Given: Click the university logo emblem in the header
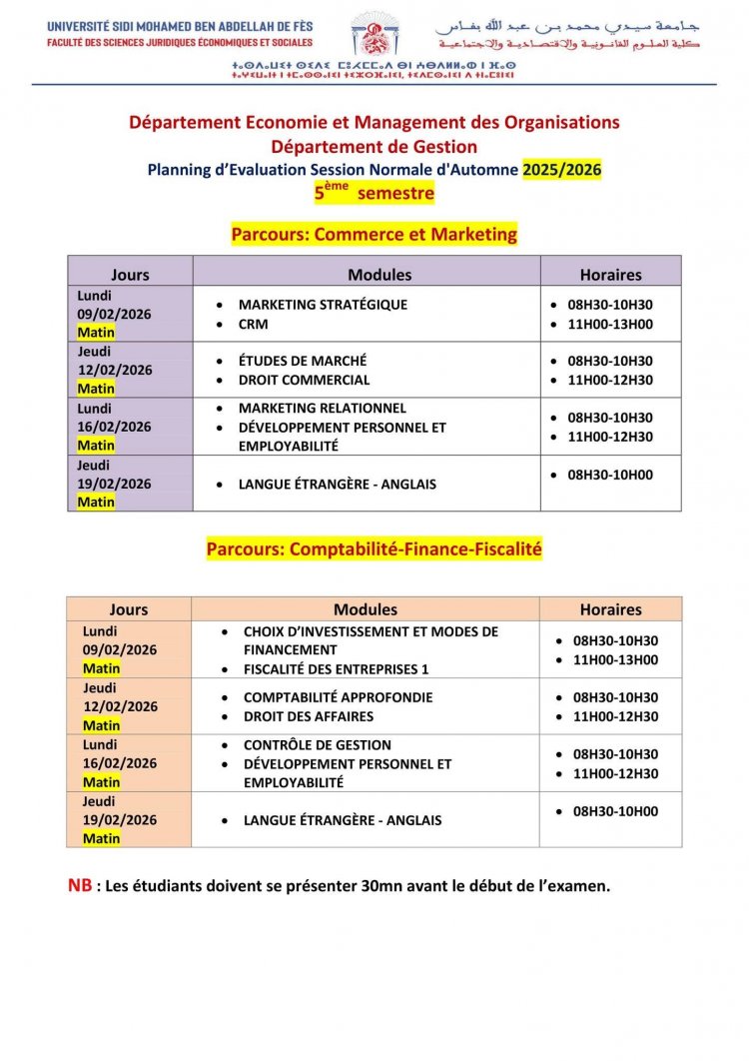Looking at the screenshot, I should tap(375, 35).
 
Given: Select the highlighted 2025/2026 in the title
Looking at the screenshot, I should tap(562, 170).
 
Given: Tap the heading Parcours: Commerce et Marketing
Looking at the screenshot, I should tap(374, 235).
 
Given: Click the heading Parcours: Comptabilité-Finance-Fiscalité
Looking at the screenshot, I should tap(374, 548).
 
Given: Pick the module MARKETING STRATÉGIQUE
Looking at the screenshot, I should tap(323, 305).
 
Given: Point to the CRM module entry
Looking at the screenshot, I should tap(253, 324).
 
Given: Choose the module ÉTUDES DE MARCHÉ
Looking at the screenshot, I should tap(303, 361).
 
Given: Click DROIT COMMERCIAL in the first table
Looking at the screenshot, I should tap(304, 380).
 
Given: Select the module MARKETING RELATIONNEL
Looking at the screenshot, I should tap(322, 408).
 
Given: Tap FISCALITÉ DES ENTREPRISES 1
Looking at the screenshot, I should tap(336, 669).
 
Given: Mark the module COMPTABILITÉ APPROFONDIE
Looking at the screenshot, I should tap(338, 697).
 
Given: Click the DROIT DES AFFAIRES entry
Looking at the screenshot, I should tap(309, 716).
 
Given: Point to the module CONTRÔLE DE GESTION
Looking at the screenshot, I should tap(318, 744).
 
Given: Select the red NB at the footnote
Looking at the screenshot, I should tap(79, 885).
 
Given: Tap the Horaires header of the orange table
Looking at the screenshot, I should tap(610, 608).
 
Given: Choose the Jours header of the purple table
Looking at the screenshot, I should tap(130, 275).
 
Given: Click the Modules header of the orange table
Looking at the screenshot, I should tap(365, 608).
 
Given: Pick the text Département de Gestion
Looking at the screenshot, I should tap(374, 147).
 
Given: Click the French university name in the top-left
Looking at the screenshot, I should tap(180, 24).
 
